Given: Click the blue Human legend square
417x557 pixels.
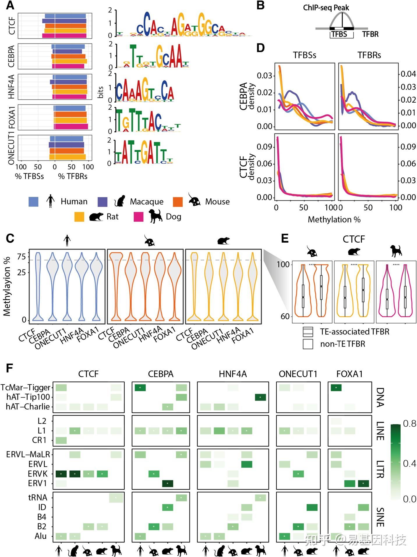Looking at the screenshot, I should (x=33, y=202).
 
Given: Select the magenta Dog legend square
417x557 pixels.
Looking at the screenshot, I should (x=138, y=217).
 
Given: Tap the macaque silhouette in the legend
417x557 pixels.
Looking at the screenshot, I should (x=120, y=201).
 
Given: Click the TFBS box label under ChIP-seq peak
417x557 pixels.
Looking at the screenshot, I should (x=340, y=34).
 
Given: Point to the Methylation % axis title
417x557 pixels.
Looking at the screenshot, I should (x=334, y=220).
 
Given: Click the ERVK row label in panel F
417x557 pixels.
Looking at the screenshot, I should (x=38, y=474).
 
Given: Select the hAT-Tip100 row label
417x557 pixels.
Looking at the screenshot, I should (x=28, y=397).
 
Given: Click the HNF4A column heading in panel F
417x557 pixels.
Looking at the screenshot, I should (x=233, y=374).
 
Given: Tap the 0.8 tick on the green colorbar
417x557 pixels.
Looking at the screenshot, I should (x=409, y=424).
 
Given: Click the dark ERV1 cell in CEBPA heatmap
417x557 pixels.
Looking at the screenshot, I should (x=167, y=484).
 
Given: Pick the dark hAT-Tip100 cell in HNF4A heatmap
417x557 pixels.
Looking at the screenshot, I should (x=260, y=397).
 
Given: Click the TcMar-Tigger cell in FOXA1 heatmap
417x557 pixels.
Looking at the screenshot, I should (x=336, y=388).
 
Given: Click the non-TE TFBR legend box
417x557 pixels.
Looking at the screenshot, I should (x=308, y=344).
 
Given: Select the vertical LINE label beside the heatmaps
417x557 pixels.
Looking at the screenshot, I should (x=380, y=431).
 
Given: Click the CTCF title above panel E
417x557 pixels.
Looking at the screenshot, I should (x=354, y=239).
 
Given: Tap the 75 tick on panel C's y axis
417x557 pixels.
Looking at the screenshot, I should (x=22, y=257).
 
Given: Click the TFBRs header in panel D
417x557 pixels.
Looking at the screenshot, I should (x=369, y=55).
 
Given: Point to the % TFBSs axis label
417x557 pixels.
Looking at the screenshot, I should (x=29, y=176).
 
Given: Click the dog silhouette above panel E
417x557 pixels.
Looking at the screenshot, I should (x=396, y=251).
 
